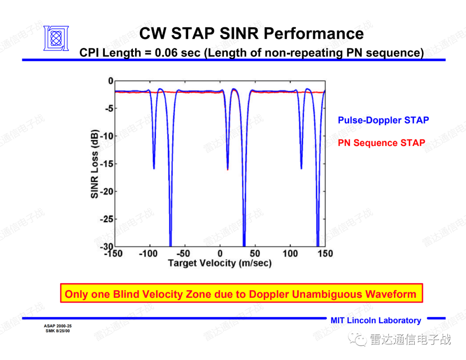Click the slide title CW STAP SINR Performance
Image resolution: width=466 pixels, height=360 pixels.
coord(252,33)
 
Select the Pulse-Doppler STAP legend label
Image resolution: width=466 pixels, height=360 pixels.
coord(383,120)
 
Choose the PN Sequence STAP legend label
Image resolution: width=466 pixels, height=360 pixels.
coord(381,143)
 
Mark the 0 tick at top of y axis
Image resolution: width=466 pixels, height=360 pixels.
coord(110,81)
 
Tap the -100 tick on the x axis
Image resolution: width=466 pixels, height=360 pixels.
coord(148,253)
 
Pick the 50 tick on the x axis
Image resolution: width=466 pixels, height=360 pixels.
coord(255,253)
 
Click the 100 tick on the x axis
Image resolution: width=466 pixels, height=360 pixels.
coord(290,253)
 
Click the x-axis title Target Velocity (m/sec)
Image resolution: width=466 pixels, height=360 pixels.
coord(219,263)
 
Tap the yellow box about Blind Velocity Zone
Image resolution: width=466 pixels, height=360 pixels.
coord(241,294)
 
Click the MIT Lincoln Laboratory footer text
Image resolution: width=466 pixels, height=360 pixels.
coord(375,320)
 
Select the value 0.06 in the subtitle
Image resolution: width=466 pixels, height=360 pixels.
coord(165,53)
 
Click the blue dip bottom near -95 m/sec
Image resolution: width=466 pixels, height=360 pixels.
coord(154,167)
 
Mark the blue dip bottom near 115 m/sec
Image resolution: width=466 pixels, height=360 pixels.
coord(301,167)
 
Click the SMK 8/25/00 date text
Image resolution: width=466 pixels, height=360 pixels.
coord(58,331)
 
